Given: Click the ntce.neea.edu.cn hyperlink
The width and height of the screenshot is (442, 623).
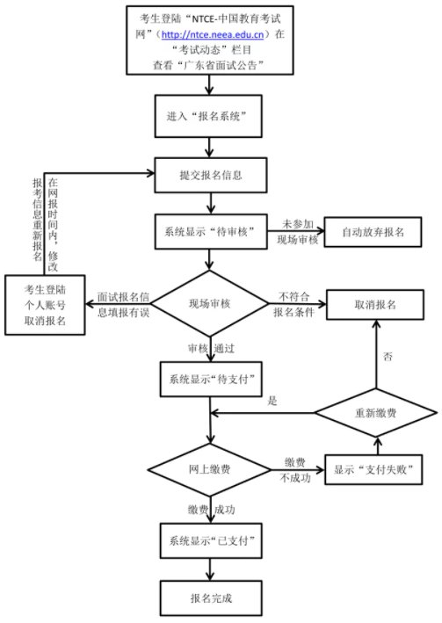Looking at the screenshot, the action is pos(213,34).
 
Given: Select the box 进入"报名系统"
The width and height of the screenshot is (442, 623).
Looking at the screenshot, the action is pos(208,116).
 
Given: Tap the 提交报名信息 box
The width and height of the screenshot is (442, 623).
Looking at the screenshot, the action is pos(211,175).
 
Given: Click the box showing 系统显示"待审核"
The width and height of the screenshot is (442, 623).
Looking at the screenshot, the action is pos(211,232).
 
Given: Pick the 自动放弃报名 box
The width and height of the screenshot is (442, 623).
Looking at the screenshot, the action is pos(373,232).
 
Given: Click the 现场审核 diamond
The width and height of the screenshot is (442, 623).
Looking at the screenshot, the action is pos(210,303).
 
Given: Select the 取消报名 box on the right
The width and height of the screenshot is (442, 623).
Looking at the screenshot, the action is pos(375,305).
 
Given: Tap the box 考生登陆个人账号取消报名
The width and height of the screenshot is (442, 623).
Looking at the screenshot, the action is pos(45,305).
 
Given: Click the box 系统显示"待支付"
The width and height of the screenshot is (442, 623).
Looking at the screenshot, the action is pos(211,379).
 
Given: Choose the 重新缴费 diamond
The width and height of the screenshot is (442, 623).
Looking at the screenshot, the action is pos(376,413).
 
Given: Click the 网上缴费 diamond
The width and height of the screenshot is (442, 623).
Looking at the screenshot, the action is pos(209,469).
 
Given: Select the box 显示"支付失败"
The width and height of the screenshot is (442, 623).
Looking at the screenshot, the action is pos(373,469).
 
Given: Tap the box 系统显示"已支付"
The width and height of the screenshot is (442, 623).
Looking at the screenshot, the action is pos(211,540).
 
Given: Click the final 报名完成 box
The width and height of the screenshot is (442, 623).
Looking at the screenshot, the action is pos(211,598).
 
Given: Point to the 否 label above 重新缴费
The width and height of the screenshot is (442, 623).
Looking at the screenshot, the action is pos(388,356).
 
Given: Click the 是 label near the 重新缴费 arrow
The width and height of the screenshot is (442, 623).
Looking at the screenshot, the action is pos(272,401).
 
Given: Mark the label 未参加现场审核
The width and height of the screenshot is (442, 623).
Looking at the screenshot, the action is pos(298,232).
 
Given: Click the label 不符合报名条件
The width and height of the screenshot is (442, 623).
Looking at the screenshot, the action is pos(293,304).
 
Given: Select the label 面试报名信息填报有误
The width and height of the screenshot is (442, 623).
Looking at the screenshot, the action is pos(123,305).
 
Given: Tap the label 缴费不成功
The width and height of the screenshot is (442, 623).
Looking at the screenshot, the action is pos(295,470).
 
